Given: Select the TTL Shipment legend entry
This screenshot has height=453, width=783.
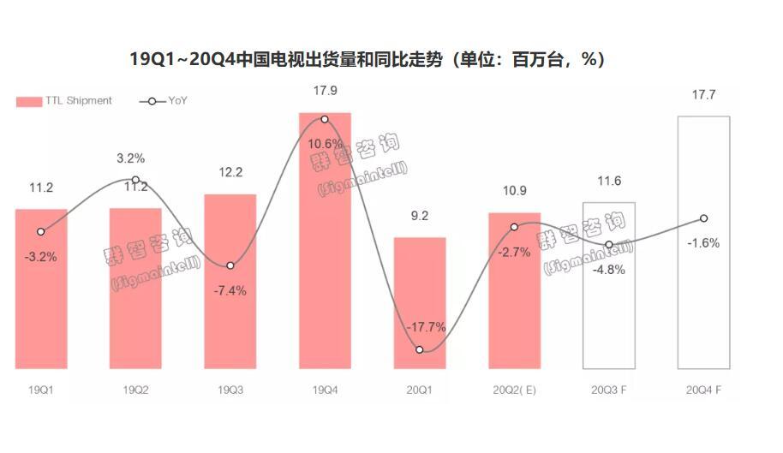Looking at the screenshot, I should [x=64, y=101].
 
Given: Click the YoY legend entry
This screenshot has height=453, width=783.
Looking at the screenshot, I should [x=164, y=101].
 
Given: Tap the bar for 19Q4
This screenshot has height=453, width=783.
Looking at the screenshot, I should [x=325, y=248].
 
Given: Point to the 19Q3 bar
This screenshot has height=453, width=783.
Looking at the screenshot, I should [x=230, y=283].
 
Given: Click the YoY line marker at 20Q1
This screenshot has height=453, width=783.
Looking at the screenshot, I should [x=420, y=349].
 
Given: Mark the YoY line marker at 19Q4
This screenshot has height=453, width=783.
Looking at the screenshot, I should [x=325, y=119].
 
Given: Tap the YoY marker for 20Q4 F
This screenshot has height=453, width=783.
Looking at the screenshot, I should [x=703, y=218].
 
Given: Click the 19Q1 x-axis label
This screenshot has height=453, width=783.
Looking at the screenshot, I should [x=40, y=390].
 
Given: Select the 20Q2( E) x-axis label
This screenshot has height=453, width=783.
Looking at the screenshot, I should [x=514, y=390].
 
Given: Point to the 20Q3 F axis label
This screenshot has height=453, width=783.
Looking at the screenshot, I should [x=609, y=390].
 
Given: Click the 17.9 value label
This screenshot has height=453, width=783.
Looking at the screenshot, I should [x=325, y=91].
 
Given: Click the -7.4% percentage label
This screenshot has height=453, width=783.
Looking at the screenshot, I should [x=230, y=290].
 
